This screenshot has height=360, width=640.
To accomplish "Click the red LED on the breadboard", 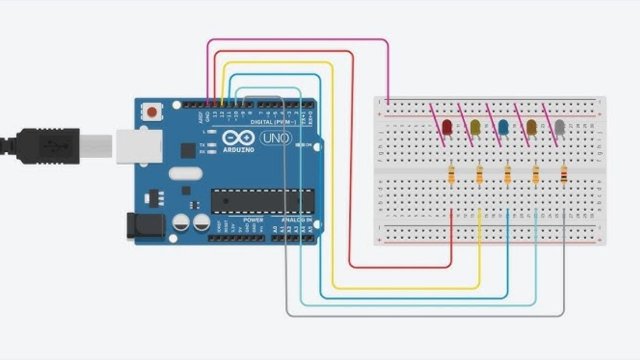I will [x=447, y=128].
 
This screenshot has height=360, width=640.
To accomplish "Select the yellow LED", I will [x=475, y=128].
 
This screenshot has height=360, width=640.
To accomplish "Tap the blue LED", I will [x=504, y=128].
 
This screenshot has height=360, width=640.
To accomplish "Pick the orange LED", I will [x=532, y=128].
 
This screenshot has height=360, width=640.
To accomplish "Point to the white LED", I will [x=561, y=128].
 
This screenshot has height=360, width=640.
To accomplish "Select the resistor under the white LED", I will [x=566, y=176].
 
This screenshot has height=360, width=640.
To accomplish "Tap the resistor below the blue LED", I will [x=509, y=176].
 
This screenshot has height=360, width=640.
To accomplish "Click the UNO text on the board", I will [x=273, y=138].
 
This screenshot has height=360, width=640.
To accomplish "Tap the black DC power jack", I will [x=140, y=227].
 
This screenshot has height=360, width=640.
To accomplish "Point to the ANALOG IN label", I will [x=298, y=219].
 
